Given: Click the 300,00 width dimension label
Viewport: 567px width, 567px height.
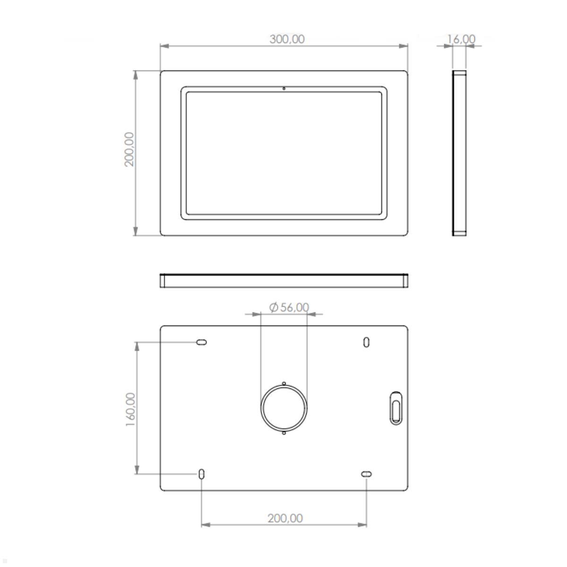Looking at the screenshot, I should pos(287,39).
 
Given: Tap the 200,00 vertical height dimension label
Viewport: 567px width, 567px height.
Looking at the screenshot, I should pos(129,149).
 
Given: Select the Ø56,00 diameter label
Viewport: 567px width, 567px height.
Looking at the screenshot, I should pos(289,308).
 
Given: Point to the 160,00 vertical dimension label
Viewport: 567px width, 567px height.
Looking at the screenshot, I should pos(131,410).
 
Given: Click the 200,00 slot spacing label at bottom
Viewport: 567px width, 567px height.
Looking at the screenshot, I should pos(285,518).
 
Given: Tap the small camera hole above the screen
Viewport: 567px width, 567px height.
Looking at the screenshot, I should pos(283,88).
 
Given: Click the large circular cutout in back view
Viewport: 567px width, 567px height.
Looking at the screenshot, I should pos(283,408).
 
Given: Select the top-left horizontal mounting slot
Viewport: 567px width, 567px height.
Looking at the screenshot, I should pos(201,342).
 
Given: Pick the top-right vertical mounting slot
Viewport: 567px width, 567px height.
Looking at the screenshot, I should pos(366,342).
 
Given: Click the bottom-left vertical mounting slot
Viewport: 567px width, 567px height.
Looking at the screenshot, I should pos(201,473).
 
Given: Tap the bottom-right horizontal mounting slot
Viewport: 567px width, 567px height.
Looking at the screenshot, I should pos(366,474).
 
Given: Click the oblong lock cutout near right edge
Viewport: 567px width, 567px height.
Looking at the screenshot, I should pos(396,408).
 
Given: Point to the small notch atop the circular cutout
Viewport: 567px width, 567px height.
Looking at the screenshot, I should pos(283,384).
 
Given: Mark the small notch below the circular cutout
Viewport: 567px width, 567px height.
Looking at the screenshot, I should pos(283,433).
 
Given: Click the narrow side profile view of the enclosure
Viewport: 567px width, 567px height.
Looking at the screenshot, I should pos(459,153).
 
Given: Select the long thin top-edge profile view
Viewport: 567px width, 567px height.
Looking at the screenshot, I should pos(283,281).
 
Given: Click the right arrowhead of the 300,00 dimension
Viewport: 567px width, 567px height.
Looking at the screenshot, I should pos(403,46).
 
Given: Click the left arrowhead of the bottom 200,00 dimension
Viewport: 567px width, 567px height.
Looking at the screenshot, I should pos(206,524).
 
